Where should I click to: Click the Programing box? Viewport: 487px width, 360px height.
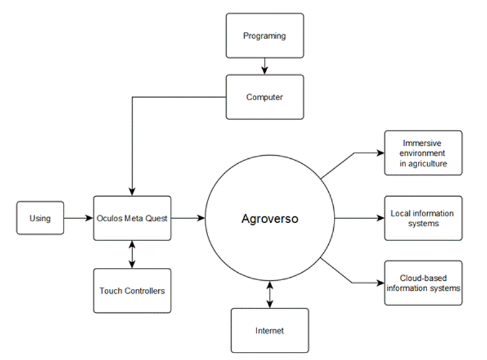(x=265, y=36)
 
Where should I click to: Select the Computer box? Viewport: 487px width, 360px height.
(x=265, y=97)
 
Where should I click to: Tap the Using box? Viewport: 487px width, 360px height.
(x=40, y=218)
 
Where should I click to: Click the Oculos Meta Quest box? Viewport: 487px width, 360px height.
(x=132, y=218)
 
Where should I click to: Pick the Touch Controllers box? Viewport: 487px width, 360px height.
(x=132, y=290)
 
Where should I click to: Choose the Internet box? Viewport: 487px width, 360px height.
(x=269, y=330)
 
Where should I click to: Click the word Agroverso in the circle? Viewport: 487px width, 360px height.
(x=270, y=219)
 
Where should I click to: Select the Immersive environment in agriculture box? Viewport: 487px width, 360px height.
(x=423, y=153)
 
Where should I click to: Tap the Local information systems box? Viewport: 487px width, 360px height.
(x=423, y=218)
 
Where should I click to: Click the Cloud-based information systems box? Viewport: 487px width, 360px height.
(x=423, y=283)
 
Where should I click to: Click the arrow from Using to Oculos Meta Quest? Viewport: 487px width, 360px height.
(x=78, y=218)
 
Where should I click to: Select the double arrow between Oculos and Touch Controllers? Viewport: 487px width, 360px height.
(x=132, y=254)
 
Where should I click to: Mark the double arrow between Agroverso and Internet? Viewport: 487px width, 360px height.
(x=269, y=294)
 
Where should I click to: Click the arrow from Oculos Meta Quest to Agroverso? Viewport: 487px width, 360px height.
(x=188, y=218)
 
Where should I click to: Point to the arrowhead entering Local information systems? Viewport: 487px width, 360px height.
(x=381, y=218)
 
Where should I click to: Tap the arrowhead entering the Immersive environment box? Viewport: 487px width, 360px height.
(x=381, y=153)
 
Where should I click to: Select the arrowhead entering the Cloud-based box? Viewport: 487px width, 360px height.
(x=381, y=283)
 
